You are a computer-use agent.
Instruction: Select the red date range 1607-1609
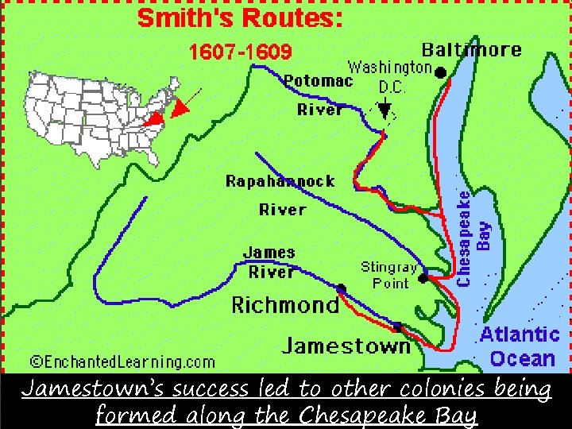[240, 52]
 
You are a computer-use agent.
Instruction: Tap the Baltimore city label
[472, 49]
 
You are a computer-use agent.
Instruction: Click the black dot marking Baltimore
[440, 72]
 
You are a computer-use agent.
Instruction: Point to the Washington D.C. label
[390, 75]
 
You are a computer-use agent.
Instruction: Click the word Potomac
[319, 81]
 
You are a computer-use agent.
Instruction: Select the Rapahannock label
[280, 181]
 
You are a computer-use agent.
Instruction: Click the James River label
[269, 262]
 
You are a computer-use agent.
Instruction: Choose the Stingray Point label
[389, 274]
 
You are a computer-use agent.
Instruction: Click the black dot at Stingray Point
[423, 278]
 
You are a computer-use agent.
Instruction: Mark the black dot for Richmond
[341, 288]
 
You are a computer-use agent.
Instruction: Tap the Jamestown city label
[346, 346]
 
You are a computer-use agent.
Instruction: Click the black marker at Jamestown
[397, 326]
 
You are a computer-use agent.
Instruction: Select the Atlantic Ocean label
[520, 346]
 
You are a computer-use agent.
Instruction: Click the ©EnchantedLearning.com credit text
[123, 362]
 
